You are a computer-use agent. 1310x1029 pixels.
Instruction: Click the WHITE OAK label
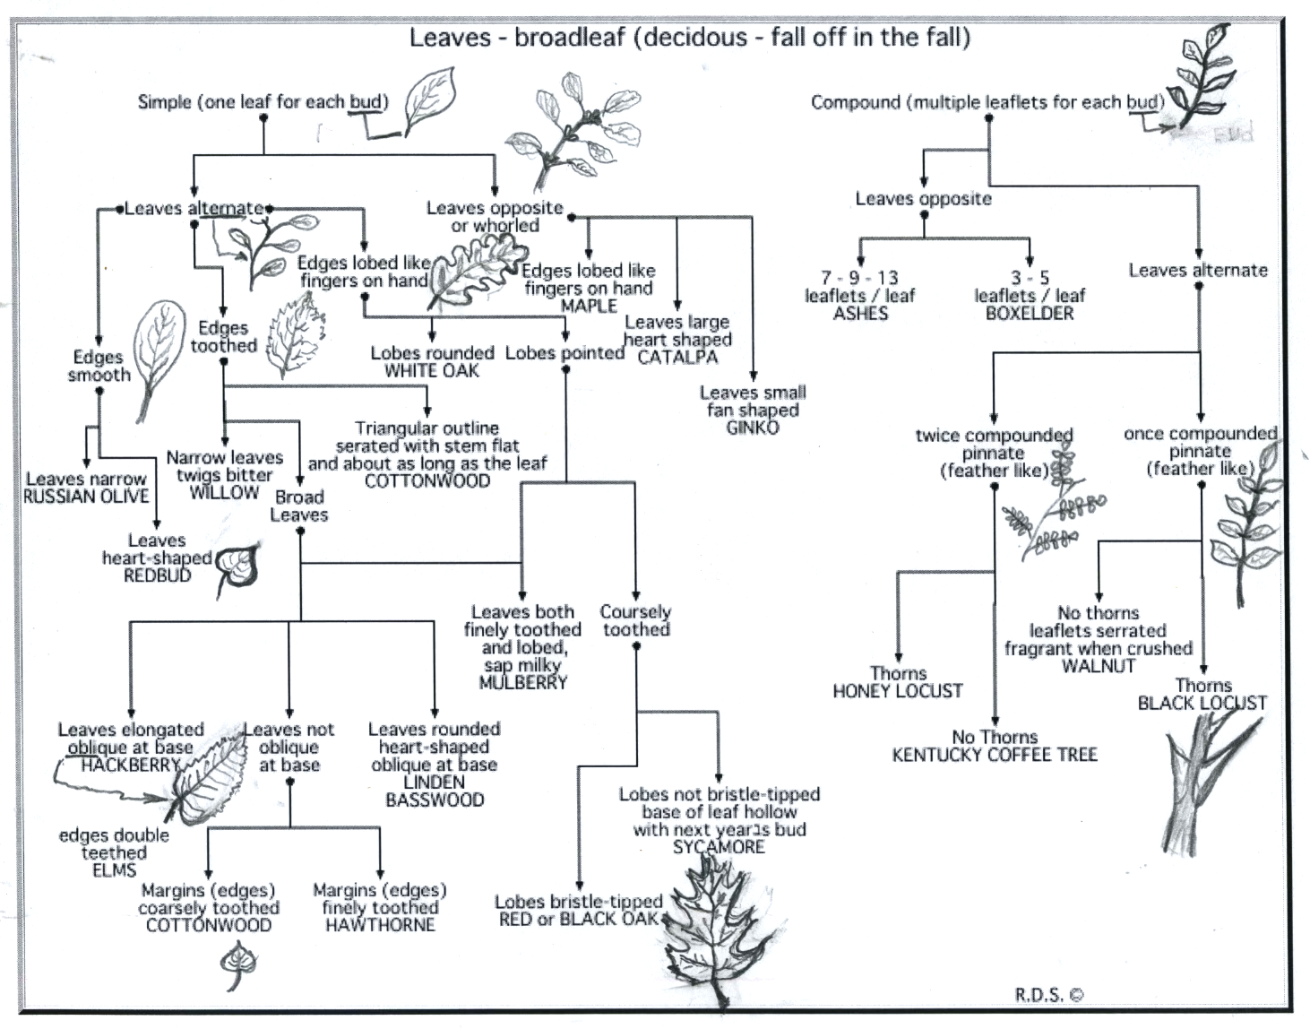point(432,370)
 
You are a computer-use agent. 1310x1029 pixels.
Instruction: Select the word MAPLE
point(589,306)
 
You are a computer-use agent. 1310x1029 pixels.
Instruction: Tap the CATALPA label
point(677,357)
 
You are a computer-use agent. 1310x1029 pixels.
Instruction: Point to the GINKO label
point(753,428)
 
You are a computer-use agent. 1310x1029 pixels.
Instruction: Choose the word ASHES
point(860,314)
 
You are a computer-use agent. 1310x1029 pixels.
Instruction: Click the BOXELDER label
point(1030,314)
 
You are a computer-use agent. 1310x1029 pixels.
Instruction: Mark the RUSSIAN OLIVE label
point(86,497)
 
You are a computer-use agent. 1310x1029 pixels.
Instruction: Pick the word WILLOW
point(224,492)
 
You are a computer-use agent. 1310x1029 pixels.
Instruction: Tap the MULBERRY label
point(523,683)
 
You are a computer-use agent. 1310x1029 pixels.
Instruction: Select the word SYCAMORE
point(719,847)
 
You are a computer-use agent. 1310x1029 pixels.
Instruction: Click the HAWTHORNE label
point(380,925)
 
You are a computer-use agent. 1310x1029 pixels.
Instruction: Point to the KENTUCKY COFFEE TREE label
point(995,755)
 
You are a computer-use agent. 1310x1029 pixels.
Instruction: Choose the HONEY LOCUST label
point(898,691)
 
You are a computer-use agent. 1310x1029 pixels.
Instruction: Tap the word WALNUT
point(1098,666)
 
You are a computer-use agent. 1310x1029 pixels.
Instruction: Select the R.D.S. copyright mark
point(1049,993)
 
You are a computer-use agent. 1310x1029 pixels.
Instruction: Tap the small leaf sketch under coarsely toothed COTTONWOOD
point(237,966)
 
